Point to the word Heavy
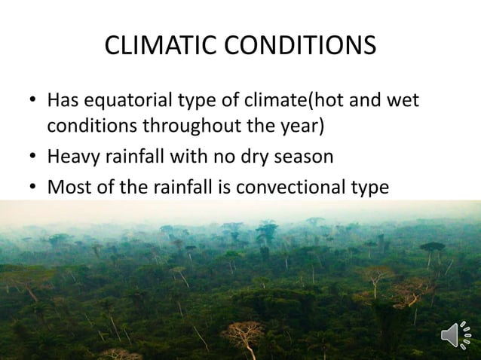[x=72, y=156]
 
